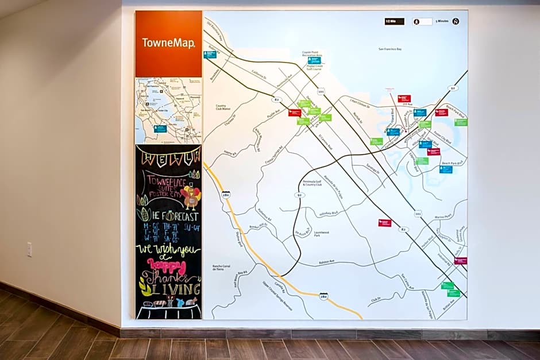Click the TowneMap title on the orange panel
tap(168, 43)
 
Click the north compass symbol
tap(456, 21)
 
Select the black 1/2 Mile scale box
tap(394, 21)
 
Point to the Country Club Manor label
tap(223, 107)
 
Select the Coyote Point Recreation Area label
tap(311, 53)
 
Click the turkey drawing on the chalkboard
tap(191, 198)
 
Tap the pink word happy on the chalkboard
tap(167, 266)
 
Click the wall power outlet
tap(29, 249)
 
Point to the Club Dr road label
tap(376, 299)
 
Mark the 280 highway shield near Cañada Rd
tap(323, 296)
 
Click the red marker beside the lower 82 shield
tap(384, 223)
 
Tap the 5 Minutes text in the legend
tap(442, 21)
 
